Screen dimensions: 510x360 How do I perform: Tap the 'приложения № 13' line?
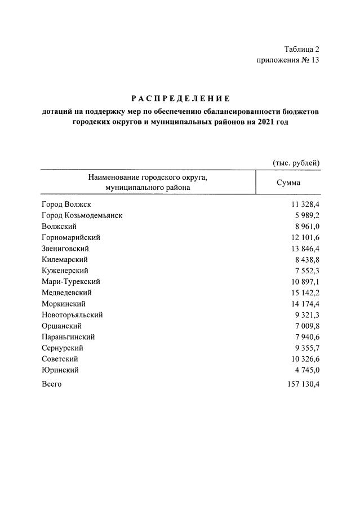288,61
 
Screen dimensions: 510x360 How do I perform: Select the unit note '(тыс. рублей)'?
296,163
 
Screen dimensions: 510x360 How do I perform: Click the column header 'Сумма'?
288,183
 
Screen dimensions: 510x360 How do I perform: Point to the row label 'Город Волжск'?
66,204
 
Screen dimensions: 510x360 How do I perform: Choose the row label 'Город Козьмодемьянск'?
82,215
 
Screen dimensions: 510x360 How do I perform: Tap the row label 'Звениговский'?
65,248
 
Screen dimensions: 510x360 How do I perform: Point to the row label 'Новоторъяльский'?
72,314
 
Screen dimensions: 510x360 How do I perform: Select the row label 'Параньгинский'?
68,337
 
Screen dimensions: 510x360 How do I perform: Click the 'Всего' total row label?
52,384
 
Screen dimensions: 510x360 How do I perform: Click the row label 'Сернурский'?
63,348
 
